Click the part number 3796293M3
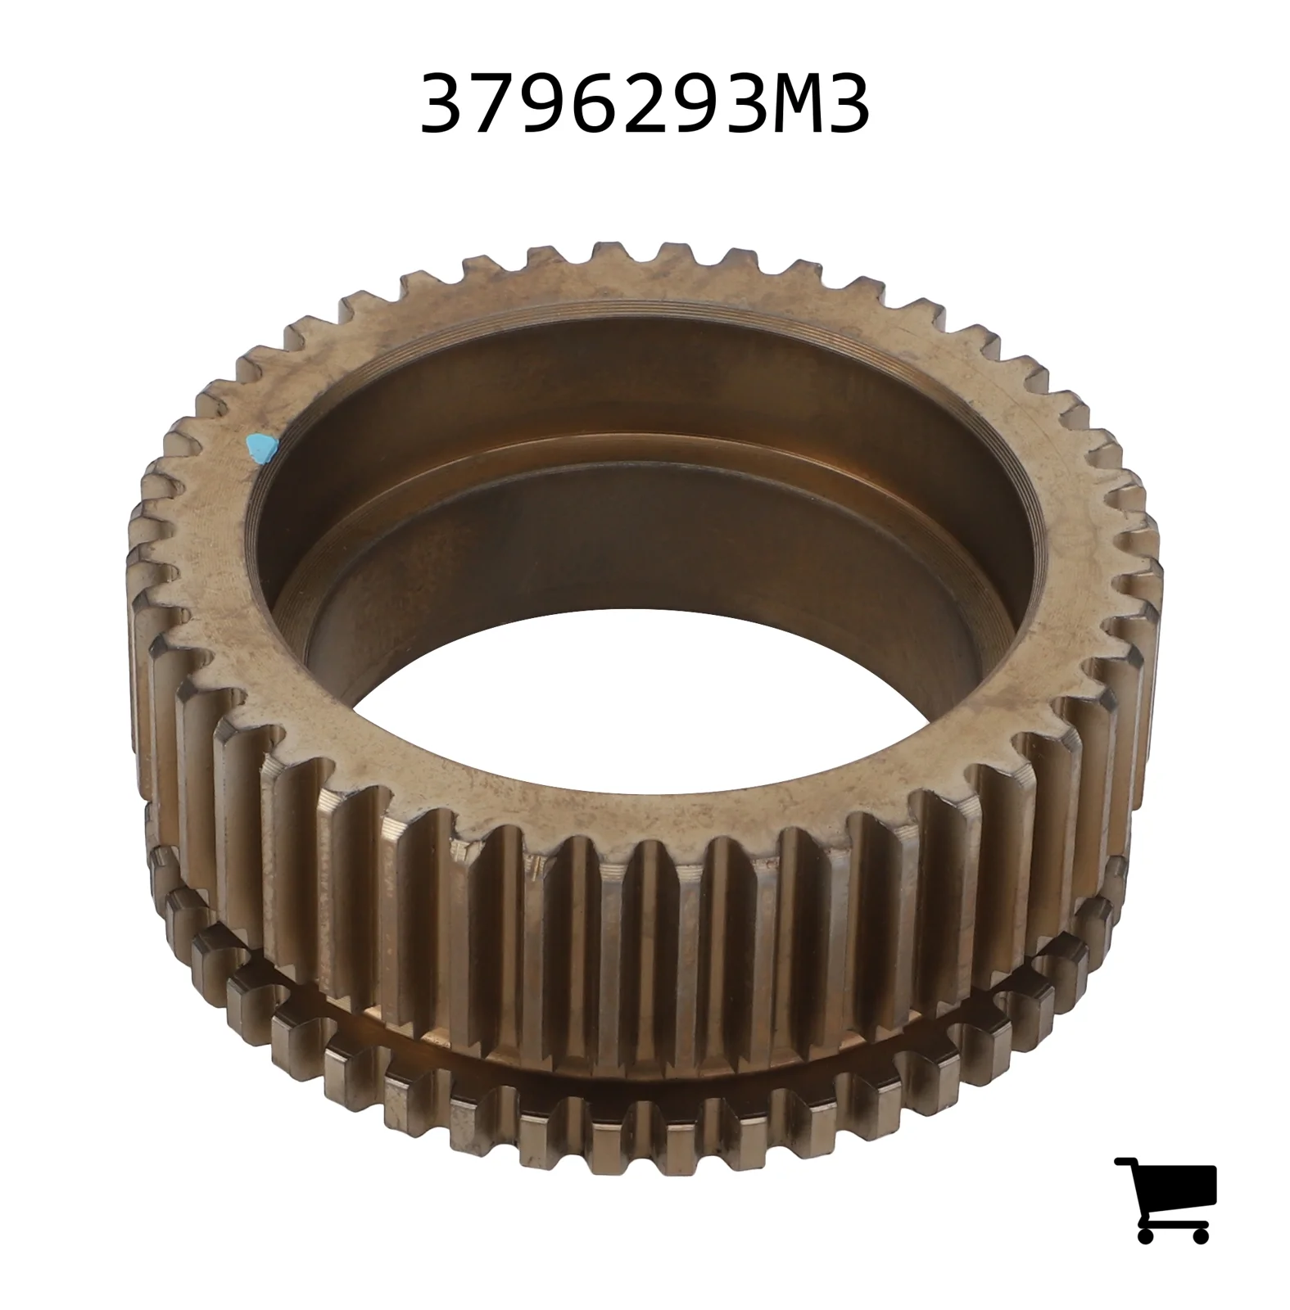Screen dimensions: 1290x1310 (x=645, y=105)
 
